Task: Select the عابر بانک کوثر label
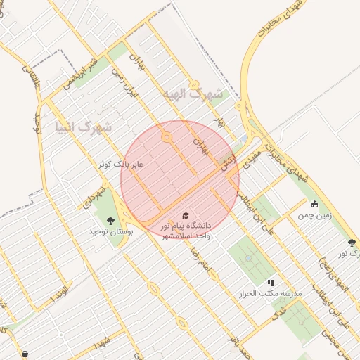tap(120, 165)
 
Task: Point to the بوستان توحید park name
tap(110, 231)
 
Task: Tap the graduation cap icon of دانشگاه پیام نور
tap(186, 216)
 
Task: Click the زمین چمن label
tap(314, 217)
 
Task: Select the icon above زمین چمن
tap(314, 205)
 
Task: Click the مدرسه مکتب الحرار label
tap(270, 292)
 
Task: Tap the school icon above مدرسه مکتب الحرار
tap(271, 282)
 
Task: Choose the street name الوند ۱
tap(62, 290)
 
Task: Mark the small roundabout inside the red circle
tap(167, 138)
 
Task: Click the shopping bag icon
tap(25, 354)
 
